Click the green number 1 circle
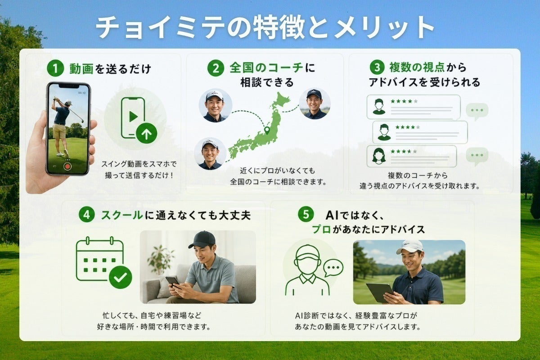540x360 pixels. click(55, 68)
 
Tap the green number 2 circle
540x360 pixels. click(216, 68)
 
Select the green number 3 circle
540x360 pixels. click(377, 67)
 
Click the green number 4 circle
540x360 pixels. click(86, 214)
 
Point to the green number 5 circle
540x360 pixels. click(306, 214)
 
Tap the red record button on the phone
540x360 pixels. click(68, 166)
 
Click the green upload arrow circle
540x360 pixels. click(146, 133)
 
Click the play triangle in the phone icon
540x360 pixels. click(133, 117)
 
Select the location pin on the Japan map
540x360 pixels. click(266, 130)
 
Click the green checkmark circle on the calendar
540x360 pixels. click(120, 277)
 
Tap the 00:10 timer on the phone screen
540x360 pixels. click(82, 93)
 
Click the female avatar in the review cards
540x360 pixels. click(379, 156)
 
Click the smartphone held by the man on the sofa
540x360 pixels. click(173, 281)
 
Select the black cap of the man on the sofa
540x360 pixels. click(202, 240)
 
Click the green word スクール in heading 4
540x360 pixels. click(122, 215)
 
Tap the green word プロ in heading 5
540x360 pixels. click(321, 229)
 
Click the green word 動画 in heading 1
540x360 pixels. click(81, 69)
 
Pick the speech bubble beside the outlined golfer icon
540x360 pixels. click(333, 268)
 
